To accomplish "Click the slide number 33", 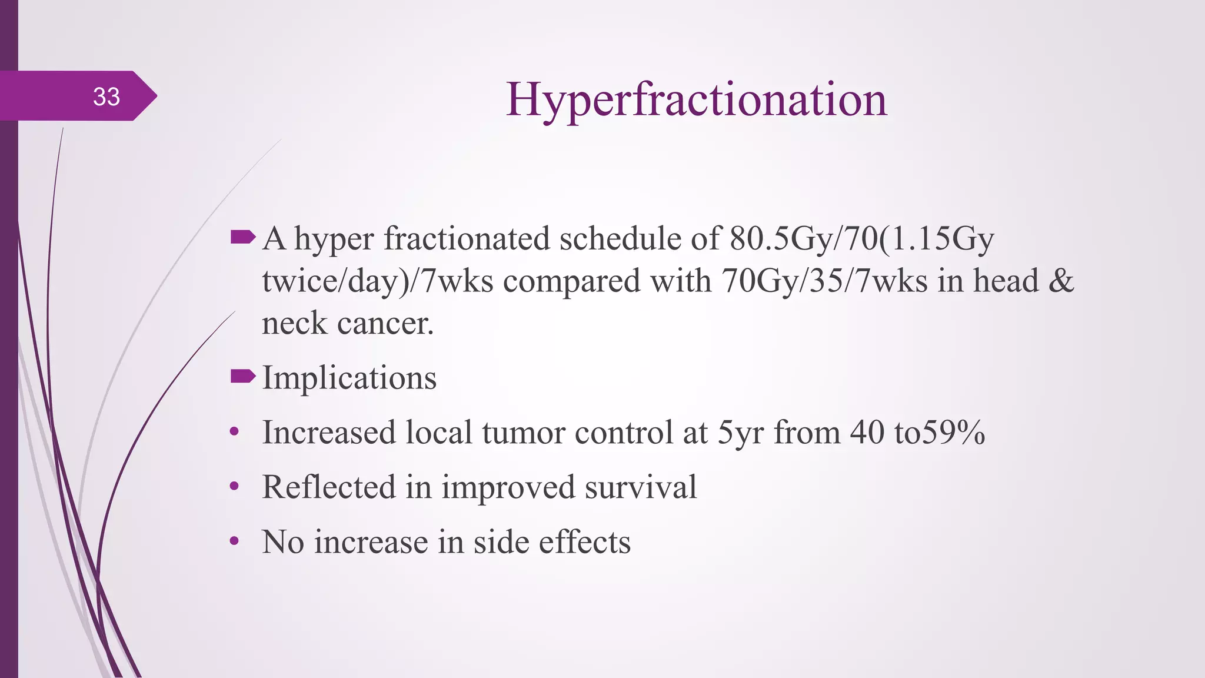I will [106, 97].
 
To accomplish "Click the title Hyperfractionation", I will [696, 100].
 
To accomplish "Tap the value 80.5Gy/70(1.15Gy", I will [861, 239].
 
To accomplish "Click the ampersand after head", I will [1061, 281].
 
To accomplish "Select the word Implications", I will [349, 378].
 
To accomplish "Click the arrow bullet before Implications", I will [243, 375].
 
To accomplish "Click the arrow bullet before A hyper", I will [243, 237].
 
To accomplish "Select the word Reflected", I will [328, 487].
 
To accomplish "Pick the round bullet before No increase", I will [234, 541].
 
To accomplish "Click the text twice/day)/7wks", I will [377, 281].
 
